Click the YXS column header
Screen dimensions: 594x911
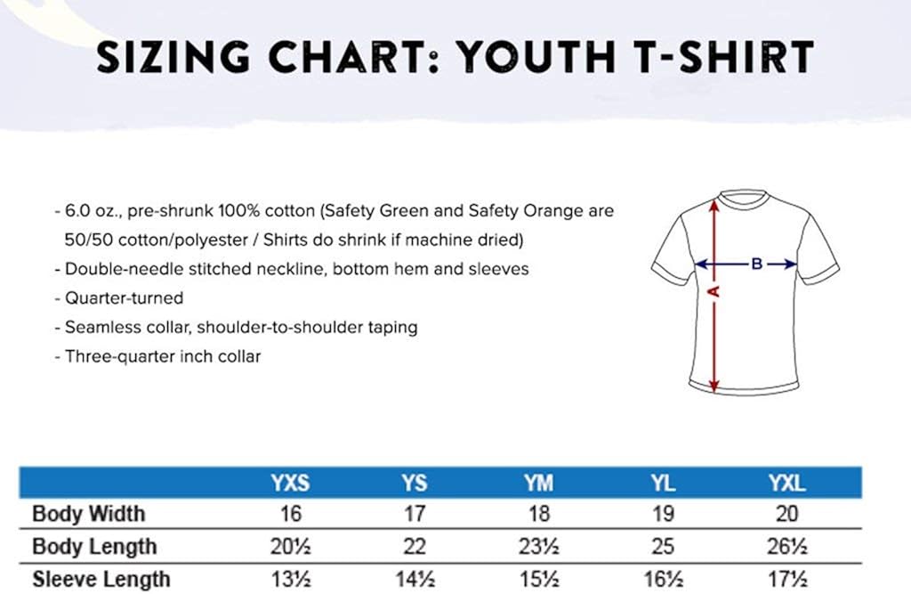tap(290, 484)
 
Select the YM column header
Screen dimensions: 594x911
tap(538, 484)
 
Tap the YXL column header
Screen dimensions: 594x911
tap(786, 484)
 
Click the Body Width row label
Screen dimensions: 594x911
tap(88, 514)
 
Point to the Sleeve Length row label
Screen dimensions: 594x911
tap(101, 580)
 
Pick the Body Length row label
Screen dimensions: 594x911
tap(93, 547)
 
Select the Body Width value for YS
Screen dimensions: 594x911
tap(415, 514)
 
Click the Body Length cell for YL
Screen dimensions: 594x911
tap(663, 547)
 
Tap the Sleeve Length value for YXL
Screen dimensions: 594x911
tap(786, 580)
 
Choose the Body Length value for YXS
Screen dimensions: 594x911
tap(290, 547)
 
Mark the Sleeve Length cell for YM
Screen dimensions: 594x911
tap(538, 580)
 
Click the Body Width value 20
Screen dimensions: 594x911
tap(786, 514)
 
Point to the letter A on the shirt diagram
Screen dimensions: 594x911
tap(713, 291)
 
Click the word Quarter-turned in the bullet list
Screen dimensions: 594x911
tap(124, 297)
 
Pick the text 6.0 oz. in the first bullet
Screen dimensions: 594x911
tap(88, 212)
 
